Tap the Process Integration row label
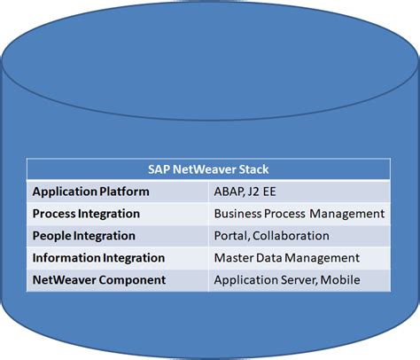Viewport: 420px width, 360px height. pyautogui.click(x=86, y=214)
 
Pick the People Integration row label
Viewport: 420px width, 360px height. pyautogui.click(x=83, y=236)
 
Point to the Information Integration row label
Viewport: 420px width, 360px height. pyautogui.click(x=98, y=258)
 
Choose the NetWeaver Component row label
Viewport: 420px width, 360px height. pyautogui.click(x=98, y=280)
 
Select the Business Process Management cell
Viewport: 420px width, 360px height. pyautogui.click(x=299, y=214)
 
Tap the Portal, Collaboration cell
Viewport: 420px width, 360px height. pyautogui.click(x=271, y=236)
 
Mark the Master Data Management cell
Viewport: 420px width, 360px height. pyautogui.click(x=286, y=258)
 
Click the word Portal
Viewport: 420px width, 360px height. pyautogui.click(x=232, y=236)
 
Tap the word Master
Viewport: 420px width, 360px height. pyautogui.click(x=235, y=258)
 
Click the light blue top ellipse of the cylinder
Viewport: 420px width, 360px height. pyautogui.click(x=210, y=53)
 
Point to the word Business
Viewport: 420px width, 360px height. pyautogui.click(x=240, y=214)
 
